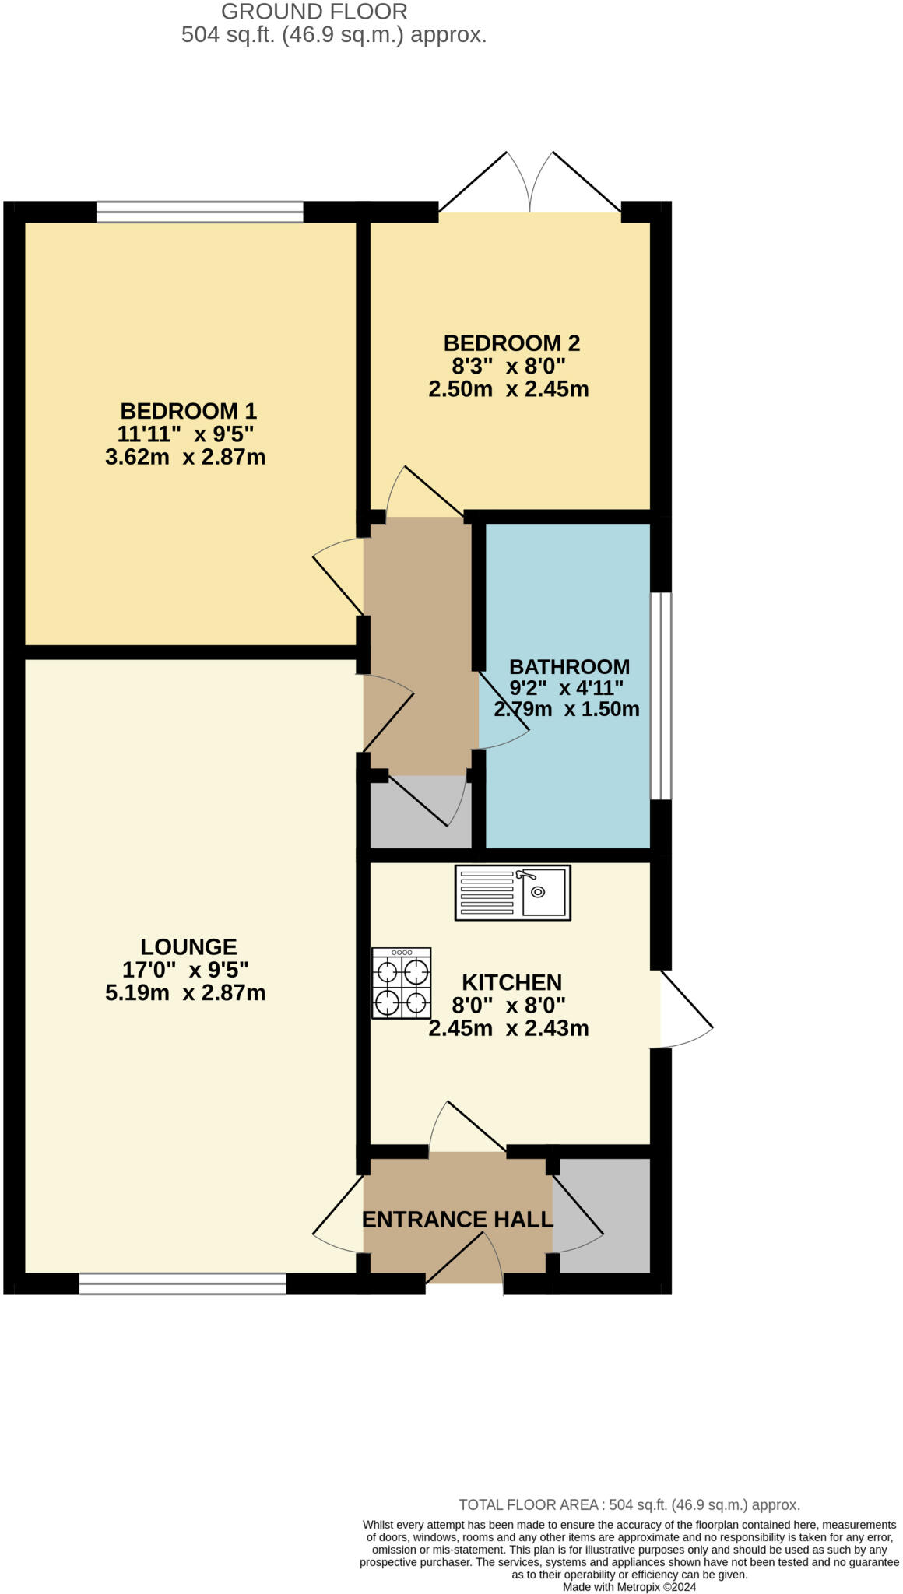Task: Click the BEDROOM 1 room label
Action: coord(188,411)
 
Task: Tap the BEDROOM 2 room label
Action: coord(511,343)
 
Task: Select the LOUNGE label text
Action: coord(188,947)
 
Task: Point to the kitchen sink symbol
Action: coord(512,893)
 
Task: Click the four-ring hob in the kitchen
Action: coord(401,984)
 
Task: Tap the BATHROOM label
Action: coord(569,667)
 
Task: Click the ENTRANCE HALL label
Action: coord(457,1220)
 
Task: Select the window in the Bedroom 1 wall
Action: coord(199,212)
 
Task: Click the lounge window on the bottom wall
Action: coord(183,1283)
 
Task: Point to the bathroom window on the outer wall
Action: coord(661,696)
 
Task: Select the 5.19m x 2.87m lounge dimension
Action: coord(185,993)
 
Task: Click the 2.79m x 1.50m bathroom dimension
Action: coord(567,709)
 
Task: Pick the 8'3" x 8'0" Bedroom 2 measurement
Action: coord(508,366)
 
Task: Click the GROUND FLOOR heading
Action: coord(314,12)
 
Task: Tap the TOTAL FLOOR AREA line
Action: coord(629,1504)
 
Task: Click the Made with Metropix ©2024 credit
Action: coord(629,1586)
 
